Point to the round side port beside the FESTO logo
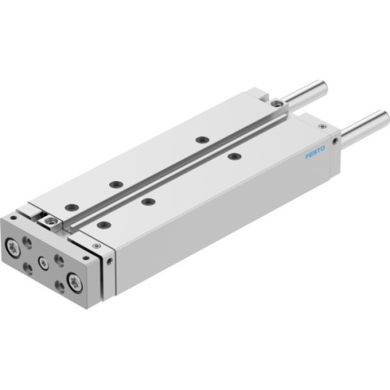click(x=335, y=141)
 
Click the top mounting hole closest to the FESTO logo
click(x=232, y=157)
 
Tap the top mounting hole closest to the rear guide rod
click(x=200, y=139)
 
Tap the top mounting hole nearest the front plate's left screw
click(x=72, y=207)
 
